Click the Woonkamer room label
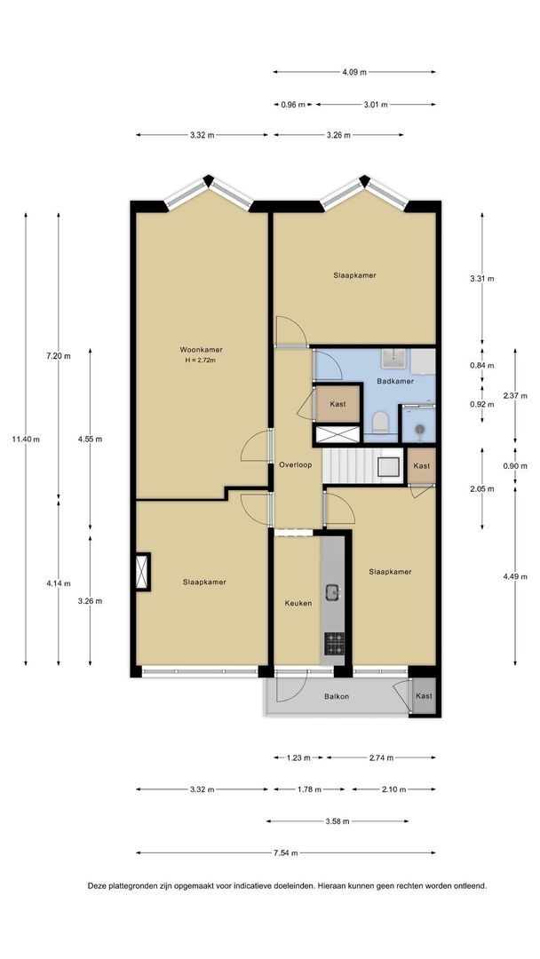[201, 350]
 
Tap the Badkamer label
[395, 381]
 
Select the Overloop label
[296, 464]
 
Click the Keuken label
[298, 603]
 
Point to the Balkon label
[337, 696]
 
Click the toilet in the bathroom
[380, 422]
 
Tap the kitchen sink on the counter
[333, 592]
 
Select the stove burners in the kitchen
[334, 644]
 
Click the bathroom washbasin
[395, 359]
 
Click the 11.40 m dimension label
[26, 440]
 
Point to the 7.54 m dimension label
[286, 853]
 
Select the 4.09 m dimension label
[354, 72]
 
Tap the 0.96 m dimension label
[293, 105]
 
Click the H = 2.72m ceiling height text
[201, 361]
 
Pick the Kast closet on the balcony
[425, 696]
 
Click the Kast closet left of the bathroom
[337, 404]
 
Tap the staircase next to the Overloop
[363, 466]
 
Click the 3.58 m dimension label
[337, 821]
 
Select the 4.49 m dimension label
[515, 576]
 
